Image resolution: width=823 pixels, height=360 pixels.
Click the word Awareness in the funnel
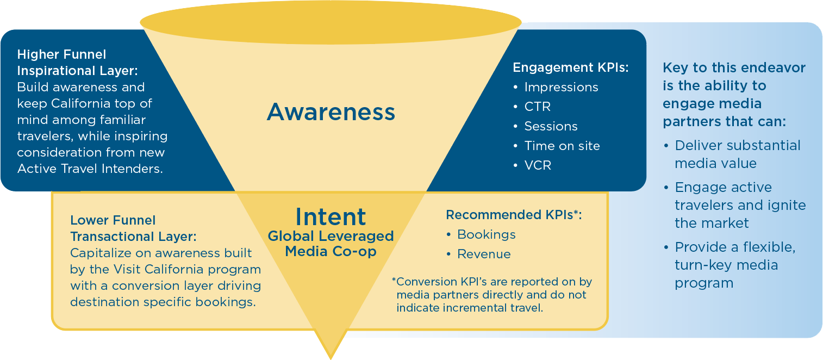(331, 112)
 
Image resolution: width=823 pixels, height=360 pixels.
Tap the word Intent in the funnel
(331, 217)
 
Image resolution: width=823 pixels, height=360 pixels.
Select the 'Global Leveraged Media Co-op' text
(331, 244)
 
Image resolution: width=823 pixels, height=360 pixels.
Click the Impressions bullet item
(560, 87)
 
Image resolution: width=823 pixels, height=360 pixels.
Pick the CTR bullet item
(537, 107)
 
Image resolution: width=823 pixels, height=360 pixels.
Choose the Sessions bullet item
(550, 126)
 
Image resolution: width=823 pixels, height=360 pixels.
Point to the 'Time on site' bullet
(562, 146)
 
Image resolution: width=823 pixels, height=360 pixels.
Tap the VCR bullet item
(537, 165)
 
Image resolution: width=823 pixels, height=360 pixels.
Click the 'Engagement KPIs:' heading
(570, 67)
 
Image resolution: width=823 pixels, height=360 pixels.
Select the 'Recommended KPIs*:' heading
(514, 215)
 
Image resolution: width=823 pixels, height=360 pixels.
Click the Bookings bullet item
(486, 234)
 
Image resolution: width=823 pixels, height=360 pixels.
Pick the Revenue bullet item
(484, 254)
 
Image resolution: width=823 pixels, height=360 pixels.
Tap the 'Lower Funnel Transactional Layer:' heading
(133, 228)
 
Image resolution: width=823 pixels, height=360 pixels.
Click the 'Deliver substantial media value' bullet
(737, 154)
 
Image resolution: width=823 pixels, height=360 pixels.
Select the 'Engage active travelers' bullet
(739, 205)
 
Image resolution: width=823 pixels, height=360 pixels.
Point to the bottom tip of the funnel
(331, 356)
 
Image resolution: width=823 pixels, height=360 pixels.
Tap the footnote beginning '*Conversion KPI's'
(492, 295)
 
